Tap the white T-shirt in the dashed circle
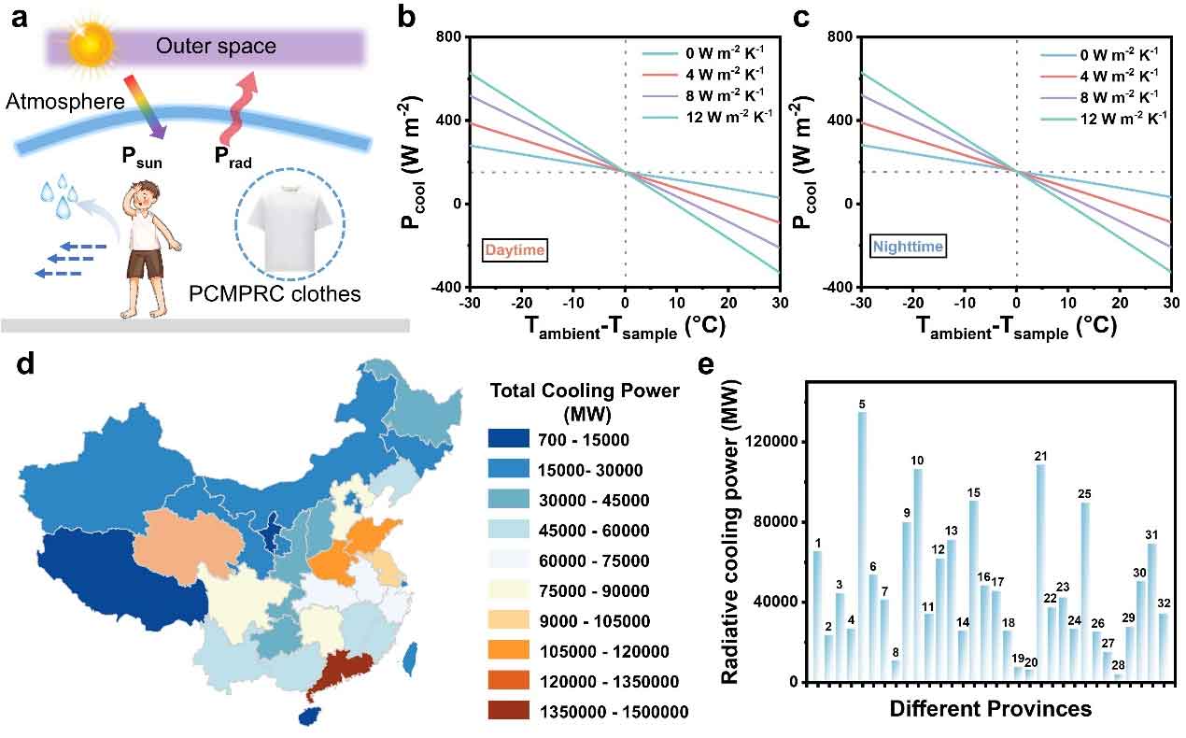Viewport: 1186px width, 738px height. pos(289,223)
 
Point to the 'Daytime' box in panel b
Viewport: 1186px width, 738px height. pos(515,249)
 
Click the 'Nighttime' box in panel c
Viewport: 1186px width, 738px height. pos(908,247)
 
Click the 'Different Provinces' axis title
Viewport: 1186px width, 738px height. pos(990,709)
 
